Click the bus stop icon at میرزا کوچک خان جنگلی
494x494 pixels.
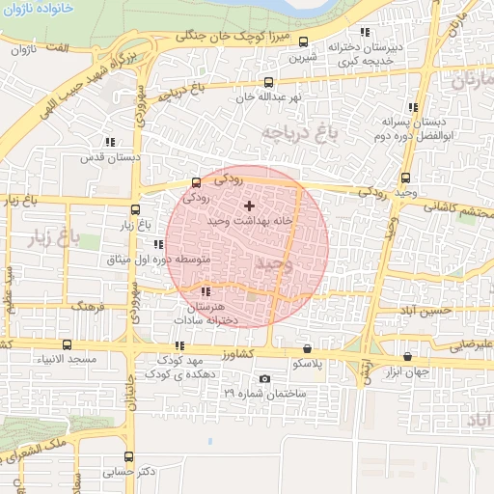coord(304,41)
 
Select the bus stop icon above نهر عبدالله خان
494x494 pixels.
coord(268,82)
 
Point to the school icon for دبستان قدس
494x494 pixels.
coord(109,141)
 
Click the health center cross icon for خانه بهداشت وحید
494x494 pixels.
coord(250,205)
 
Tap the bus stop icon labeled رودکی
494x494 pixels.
coord(197,181)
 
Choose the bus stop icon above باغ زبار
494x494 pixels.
coord(135,209)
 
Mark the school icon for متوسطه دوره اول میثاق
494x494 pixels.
coord(157,244)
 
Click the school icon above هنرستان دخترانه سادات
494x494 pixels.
coord(205,291)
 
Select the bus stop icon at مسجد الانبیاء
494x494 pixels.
coord(67,344)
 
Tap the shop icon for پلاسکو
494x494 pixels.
coord(308,348)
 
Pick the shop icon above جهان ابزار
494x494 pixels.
coord(407,356)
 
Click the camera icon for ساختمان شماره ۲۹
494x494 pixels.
coord(265,378)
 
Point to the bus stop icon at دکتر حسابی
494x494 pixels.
coord(128,456)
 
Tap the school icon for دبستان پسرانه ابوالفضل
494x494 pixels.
coord(414,107)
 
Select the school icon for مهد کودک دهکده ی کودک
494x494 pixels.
coord(179,344)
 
